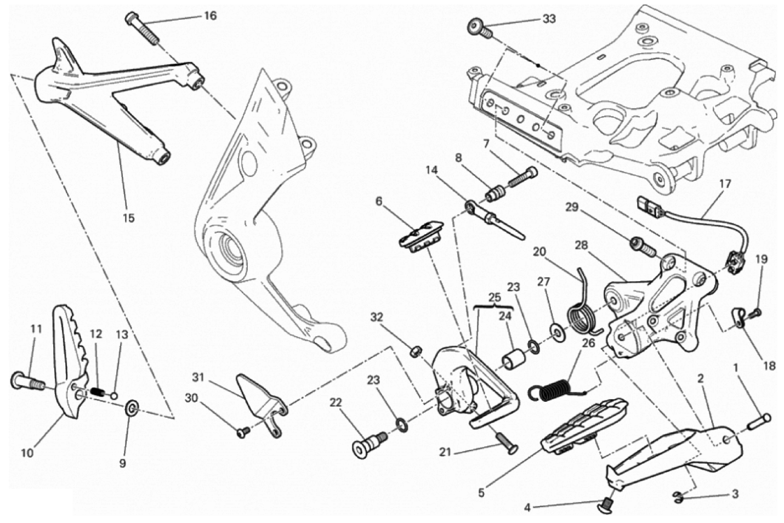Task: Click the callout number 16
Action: click(x=210, y=15)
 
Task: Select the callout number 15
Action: click(x=128, y=218)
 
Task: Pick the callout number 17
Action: click(x=725, y=184)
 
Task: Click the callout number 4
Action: click(x=527, y=508)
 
